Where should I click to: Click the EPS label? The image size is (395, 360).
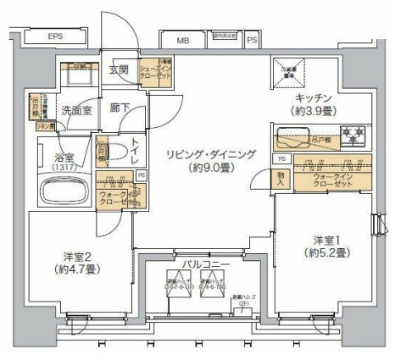click(x=55, y=37)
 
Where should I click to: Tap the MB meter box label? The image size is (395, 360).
click(x=183, y=40)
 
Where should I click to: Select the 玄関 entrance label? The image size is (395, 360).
click(x=118, y=71)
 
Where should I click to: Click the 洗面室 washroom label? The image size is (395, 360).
click(x=76, y=110)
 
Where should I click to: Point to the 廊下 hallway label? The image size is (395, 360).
click(x=119, y=109)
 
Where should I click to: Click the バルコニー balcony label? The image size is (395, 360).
click(x=200, y=265)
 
